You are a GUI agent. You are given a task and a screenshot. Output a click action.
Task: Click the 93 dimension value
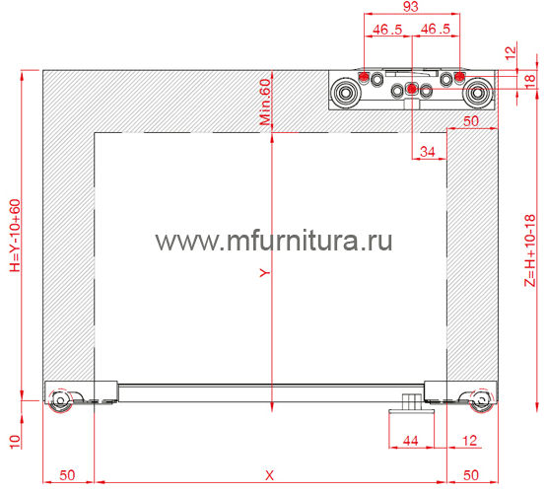(x=411, y=7)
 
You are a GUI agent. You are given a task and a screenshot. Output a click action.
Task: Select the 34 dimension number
(x=428, y=152)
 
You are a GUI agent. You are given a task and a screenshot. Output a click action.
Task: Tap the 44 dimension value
(x=411, y=441)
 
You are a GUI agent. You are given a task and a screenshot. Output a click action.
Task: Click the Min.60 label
(x=265, y=102)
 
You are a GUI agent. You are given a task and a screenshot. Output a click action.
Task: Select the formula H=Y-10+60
(x=15, y=236)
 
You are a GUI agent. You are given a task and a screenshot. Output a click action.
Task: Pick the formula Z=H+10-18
(x=530, y=250)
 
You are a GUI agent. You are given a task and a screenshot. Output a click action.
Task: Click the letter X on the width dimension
(x=269, y=475)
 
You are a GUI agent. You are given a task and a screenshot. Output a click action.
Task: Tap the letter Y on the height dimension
(x=265, y=272)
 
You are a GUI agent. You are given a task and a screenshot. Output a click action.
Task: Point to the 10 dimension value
(x=15, y=442)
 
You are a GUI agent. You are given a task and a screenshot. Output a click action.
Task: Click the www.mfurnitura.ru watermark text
(x=274, y=241)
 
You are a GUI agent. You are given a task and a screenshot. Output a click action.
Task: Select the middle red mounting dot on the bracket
(x=412, y=90)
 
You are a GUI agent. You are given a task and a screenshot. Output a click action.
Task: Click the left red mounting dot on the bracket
(x=364, y=77)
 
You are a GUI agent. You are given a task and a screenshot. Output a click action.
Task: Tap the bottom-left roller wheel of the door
(x=60, y=400)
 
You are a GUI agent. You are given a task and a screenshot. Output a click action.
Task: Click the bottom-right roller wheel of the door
(x=482, y=400)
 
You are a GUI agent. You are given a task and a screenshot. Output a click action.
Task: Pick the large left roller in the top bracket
(x=345, y=93)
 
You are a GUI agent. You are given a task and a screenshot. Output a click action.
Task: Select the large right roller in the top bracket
(x=477, y=93)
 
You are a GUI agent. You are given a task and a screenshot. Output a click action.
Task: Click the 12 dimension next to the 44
(x=469, y=441)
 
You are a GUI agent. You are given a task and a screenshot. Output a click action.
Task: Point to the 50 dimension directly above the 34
(x=471, y=121)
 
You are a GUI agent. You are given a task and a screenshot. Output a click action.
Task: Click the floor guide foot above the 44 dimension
(x=412, y=406)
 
